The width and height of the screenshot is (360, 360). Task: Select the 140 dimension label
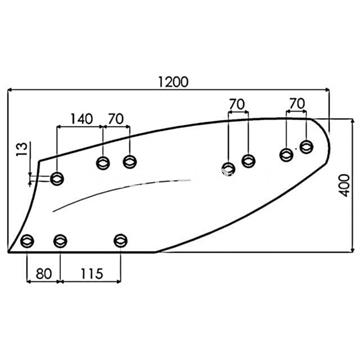tap(83, 119)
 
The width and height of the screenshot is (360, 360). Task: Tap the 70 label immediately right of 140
tap(115, 119)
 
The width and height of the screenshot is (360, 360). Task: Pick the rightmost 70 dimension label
tap(295, 103)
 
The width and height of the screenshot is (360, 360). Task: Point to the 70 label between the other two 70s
tap(237, 103)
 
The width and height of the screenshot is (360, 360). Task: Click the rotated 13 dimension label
tap(22, 151)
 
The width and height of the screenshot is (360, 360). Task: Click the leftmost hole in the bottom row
tap(27, 240)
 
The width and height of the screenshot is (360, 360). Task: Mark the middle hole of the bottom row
tap(61, 240)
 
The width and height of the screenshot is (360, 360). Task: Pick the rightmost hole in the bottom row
tap(121, 240)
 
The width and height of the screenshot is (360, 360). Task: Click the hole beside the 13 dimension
tap(57, 179)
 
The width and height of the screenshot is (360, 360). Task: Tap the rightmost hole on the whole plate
tap(306, 147)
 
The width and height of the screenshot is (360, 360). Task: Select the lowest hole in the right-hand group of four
tap(229, 167)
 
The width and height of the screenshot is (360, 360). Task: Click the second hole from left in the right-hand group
tap(249, 160)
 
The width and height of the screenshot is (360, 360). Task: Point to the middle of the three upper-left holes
tap(103, 163)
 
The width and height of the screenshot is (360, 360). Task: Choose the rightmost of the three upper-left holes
tap(129, 161)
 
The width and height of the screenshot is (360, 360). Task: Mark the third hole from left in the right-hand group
tap(286, 153)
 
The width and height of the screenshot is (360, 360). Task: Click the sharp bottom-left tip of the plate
tap(8, 252)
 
